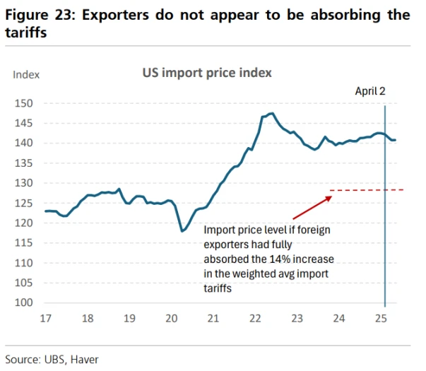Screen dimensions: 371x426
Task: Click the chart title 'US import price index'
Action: pos(207,73)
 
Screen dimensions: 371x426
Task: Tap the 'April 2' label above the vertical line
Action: pos(370,91)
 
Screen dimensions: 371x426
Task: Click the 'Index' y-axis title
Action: pos(26,74)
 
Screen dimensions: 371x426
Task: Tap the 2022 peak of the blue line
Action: pos(272,113)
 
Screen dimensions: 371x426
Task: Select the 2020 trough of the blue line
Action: pos(182,231)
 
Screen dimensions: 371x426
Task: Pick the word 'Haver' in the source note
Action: pos(83,360)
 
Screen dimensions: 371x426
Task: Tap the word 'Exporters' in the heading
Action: pos(122,15)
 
